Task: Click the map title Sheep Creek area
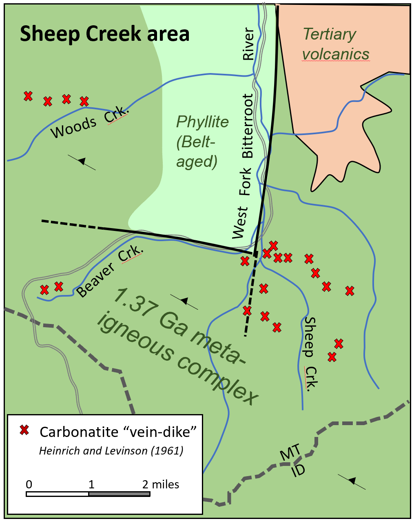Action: coord(105,34)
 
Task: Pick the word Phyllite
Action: coord(202,122)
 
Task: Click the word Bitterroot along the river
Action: coord(248,126)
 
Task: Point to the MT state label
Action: coord(290,453)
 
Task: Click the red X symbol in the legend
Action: coord(24,430)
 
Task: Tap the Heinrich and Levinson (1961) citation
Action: coord(111,450)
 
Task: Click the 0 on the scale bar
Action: coord(29,484)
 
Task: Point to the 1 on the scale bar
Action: coord(91,484)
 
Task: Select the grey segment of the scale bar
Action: coord(119,494)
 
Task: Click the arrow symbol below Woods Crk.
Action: coord(82,162)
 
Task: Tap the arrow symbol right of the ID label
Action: coord(352,481)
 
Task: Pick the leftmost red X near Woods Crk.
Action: coord(28,96)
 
